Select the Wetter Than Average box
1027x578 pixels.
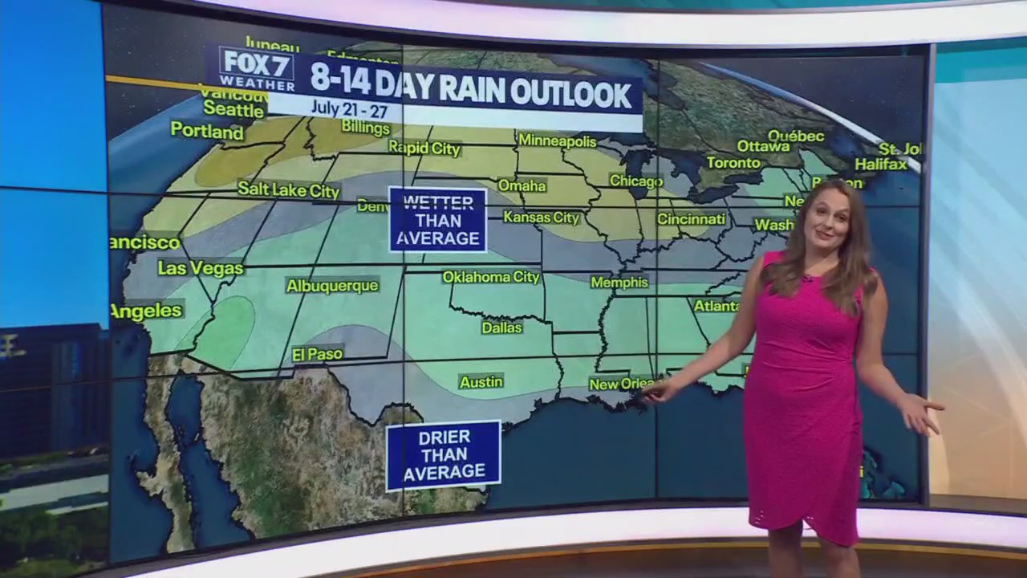pos(438,220)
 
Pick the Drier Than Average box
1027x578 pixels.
pos(444,455)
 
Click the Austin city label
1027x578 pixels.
pos(481,382)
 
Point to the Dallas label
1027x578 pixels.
pos(502,328)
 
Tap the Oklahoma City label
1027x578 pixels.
pos(491,277)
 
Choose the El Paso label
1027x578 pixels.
pos(318,354)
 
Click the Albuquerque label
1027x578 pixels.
pos(332,286)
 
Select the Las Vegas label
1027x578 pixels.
pos(201,268)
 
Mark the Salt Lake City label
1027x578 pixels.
pos(289,190)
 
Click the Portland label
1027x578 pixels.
pos(207,131)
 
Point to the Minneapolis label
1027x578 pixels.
pos(558,140)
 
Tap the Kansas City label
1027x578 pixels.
pos(542,218)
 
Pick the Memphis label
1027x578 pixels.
pos(619,283)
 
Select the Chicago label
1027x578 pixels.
pos(636,181)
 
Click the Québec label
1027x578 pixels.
pos(796,136)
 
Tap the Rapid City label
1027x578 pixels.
pos(424,148)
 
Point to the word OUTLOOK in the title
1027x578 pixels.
pos(571,94)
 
